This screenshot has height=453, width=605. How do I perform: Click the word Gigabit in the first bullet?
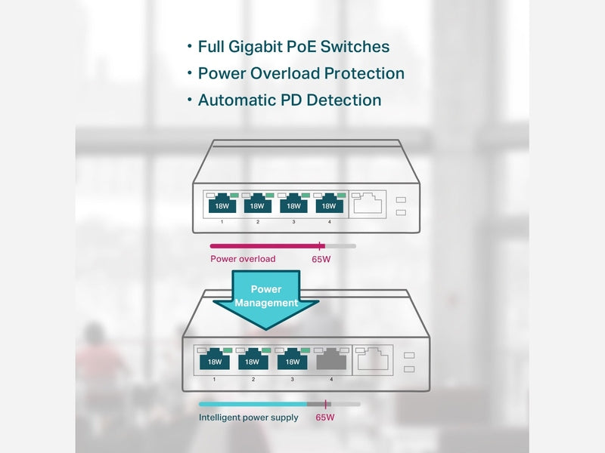(255, 48)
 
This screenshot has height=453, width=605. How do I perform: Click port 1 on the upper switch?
(222, 203)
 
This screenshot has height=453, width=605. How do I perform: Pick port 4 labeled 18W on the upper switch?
(329, 203)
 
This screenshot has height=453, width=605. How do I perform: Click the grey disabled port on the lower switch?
(331, 359)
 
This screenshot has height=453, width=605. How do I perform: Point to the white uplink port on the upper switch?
(368, 203)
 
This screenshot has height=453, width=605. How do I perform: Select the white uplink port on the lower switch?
(373, 359)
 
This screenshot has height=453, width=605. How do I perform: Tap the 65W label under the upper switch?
(321, 259)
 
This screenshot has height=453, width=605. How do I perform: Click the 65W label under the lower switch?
(325, 418)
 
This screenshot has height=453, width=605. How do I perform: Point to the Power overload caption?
(243, 259)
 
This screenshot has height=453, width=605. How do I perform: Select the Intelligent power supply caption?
(249, 418)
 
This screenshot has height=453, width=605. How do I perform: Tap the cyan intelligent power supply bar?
(253, 404)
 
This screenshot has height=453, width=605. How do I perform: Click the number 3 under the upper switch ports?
(293, 222)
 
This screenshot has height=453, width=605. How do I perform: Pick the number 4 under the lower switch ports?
(331, 380)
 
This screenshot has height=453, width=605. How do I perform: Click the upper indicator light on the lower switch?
(409, 355)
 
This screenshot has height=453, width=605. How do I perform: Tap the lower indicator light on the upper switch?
(401, 213)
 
